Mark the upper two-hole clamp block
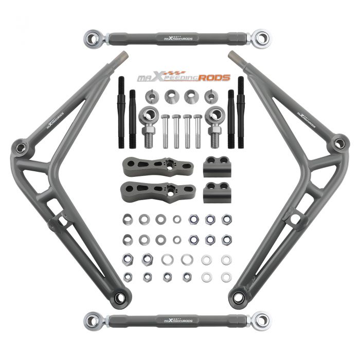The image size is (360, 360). pyautogui.click(x=216, y=166)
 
